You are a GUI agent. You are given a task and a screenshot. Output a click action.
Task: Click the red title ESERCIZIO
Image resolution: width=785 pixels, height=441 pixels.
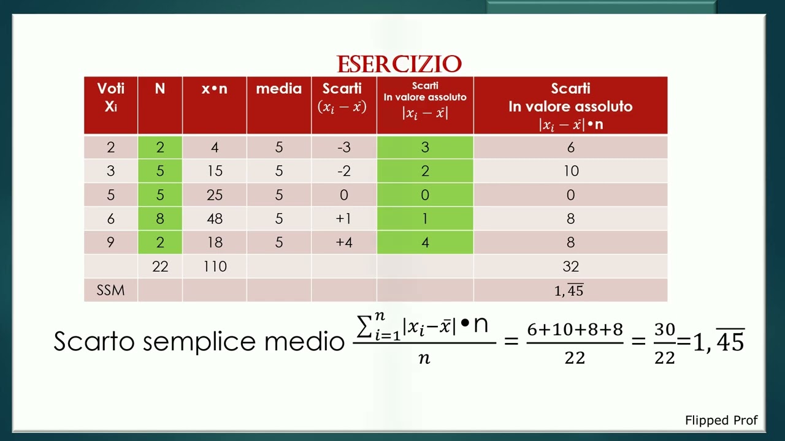point(399,64)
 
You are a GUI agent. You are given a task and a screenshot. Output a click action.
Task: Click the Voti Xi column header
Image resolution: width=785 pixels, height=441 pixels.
point(110,97)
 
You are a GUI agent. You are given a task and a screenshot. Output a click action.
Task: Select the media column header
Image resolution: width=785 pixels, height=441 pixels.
point(278,89)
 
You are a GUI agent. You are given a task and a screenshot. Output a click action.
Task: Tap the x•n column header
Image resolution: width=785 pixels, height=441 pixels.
point(214,89)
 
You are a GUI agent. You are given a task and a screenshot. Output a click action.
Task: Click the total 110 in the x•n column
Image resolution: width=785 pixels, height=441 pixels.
point(215,266)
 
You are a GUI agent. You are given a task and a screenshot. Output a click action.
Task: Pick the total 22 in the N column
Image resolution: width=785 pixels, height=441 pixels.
point(160,266)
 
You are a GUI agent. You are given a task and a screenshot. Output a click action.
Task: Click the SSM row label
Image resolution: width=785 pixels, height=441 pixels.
point(110,290)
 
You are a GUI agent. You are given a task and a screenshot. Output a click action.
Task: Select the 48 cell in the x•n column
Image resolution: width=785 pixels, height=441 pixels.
point(215,219)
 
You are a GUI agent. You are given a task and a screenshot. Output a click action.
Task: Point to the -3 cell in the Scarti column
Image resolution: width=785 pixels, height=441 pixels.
point(343,148)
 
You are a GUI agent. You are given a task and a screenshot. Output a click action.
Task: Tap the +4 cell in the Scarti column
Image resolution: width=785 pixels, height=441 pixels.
point(343,243)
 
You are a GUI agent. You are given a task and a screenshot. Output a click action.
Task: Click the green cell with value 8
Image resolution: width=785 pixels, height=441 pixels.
point(160,219)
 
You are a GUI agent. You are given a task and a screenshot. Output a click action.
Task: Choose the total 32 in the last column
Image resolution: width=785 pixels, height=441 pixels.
point(570,266)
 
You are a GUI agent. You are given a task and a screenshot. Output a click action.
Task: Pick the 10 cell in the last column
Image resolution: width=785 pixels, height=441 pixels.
point(570,171)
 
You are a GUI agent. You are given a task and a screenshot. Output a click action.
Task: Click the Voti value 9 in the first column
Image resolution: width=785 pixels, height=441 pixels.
point(110,243)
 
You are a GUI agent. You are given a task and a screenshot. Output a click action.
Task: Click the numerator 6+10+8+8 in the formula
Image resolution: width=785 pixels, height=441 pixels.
point(575,330)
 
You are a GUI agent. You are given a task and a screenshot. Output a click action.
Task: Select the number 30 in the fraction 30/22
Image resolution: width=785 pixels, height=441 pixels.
point(665,330)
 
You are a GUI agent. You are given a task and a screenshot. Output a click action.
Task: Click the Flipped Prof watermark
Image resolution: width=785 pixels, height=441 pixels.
point(721,420)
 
